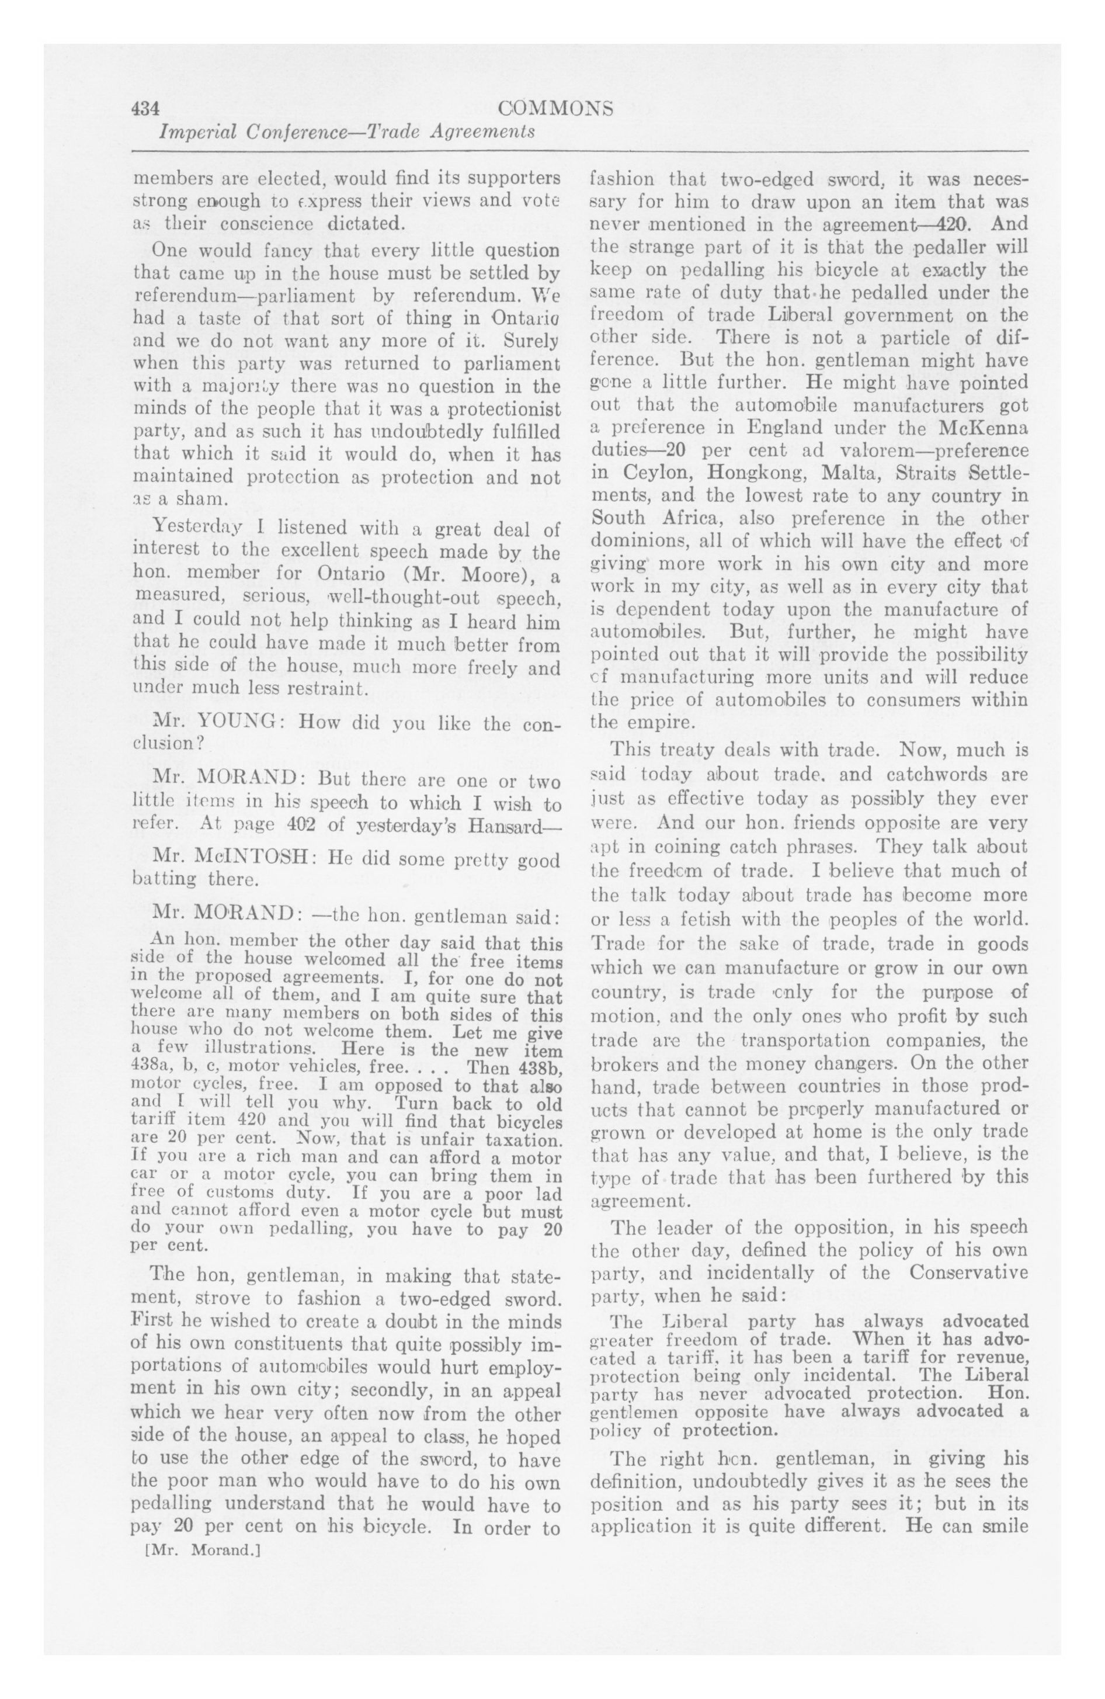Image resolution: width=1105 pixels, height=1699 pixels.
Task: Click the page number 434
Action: pos(144,109)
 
